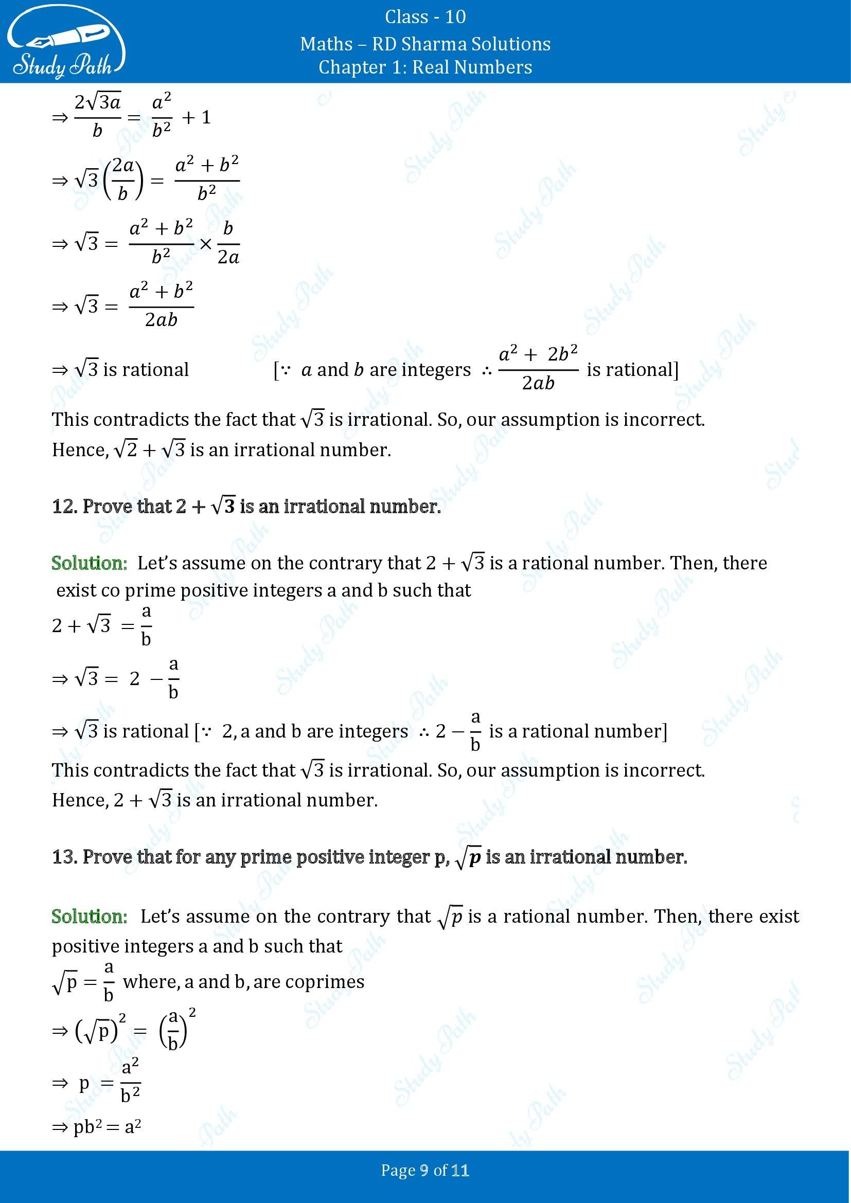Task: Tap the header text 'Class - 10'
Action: click(x=425, y=17)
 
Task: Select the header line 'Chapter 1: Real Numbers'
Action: click(x=425, y=67)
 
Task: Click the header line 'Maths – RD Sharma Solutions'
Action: click(x=425, y=44)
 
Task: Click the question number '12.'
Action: click(x=65, y=506)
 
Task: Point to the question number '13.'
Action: click(x=65, y=857)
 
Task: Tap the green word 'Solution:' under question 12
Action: click(x=90, y=563)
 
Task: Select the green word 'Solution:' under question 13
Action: click(x=90, y=917)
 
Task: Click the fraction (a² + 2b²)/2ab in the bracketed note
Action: click(x=538, y=369)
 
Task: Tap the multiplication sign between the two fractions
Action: click(x=205, y=244)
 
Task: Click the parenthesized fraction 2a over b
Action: click(x=122, y=180)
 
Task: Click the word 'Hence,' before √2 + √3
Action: click(x=79, y=450)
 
